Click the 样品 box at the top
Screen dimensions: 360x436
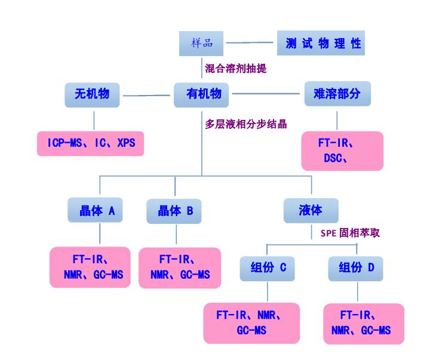tap(202, 43)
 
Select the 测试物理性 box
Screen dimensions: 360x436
tap(323, 43)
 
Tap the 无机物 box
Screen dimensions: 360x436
tap(92, 94)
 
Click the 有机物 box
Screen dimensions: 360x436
tap(203, 94)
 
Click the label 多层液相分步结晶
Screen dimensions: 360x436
tap(245, 124)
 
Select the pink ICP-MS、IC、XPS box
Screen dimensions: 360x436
tap(91, 143)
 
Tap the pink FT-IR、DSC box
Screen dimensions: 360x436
tap(342, 151)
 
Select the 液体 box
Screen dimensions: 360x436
tap(311, 210)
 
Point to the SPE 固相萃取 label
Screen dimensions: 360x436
tap(346, 233)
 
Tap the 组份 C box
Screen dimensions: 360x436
tap(267, 268)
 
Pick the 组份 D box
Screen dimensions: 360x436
tap(356, 268)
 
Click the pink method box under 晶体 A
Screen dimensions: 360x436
tap(90, 267)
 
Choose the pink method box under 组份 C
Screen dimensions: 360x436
tap(251, 323)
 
